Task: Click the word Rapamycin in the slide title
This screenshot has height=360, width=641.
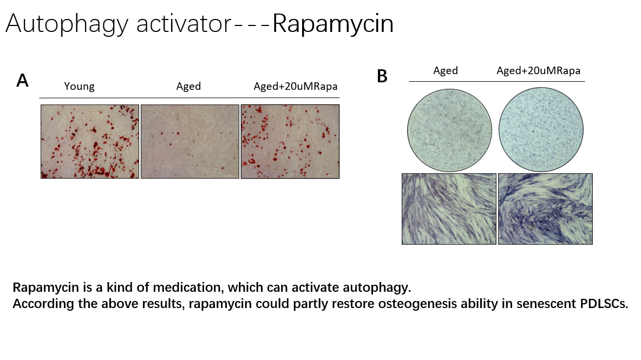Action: tap(333, 24)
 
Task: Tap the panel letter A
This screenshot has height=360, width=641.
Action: tap(22, 81)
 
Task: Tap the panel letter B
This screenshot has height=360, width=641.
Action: tap(382, 77)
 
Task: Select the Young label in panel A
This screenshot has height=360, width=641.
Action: tap(79, 87)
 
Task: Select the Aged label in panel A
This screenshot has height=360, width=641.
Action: tap(188, 87)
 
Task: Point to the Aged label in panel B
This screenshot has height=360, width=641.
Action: tap(445, 70)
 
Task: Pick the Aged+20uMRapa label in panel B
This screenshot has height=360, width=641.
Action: tap(538, 70)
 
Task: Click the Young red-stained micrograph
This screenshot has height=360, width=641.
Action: tap(90, 141)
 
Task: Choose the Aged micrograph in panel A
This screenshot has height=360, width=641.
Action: tap(189, 141)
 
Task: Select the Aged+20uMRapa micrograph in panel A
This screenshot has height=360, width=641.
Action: tap(290, 141)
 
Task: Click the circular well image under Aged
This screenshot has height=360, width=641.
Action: tap(449, 129)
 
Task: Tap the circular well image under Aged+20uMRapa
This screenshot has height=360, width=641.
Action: tap(541, 129)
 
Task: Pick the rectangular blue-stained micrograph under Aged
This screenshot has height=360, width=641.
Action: tap(449, 209)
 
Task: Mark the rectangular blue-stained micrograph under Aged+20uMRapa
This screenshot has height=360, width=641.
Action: tap(545, 209)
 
